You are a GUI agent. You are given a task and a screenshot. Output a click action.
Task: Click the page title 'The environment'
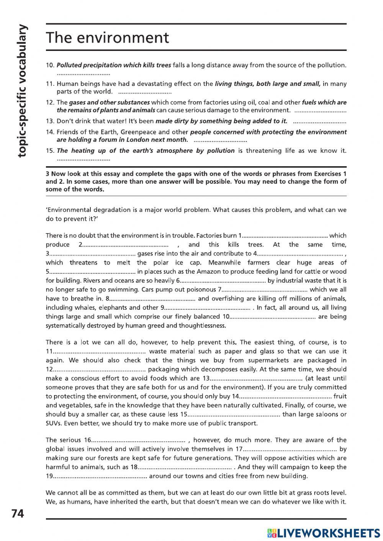tap(107, 38)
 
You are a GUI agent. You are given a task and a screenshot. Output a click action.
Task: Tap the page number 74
tap(18, 513)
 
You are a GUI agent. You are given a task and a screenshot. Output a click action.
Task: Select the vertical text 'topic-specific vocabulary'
tap(23, 90)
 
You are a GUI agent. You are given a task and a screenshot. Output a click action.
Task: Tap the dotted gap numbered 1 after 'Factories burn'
tap(285, 235)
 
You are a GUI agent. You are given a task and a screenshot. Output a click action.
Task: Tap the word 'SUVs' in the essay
tap(54, 423)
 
